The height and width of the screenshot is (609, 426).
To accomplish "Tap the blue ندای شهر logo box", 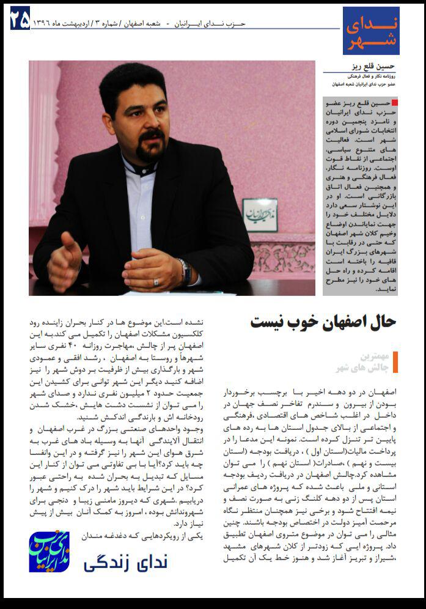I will coord(370,31).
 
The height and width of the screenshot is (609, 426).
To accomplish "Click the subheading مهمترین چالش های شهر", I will coord(363,362).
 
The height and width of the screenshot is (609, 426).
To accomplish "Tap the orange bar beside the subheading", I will coord(395,362).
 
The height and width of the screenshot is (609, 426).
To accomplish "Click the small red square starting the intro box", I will coord(394,103).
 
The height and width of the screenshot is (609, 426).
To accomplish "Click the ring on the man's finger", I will coord(156,282).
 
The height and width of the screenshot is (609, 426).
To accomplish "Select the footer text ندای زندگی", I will coord(125,561).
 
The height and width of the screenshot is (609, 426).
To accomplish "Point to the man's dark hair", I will coord(131,83).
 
